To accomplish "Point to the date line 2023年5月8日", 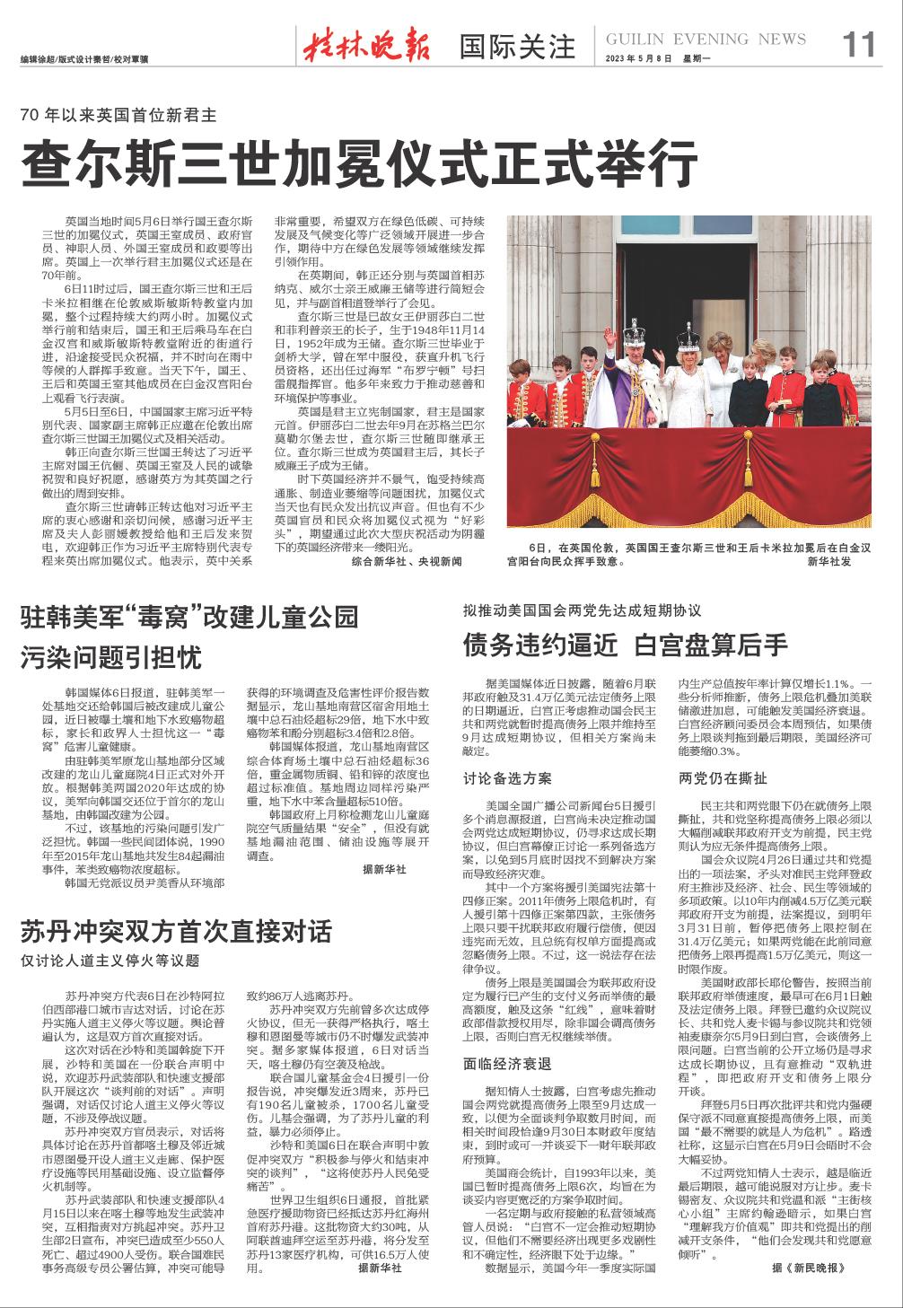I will tap(634, 58).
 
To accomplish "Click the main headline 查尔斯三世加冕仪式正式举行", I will tap(359, 163).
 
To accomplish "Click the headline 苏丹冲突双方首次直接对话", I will tap(176, 931).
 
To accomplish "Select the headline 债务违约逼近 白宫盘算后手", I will tap(625, 645).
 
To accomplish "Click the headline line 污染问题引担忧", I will tap(111, 655).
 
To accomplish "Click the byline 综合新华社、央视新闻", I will tap(406, 561).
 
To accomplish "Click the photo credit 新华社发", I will tap(828, 561).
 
